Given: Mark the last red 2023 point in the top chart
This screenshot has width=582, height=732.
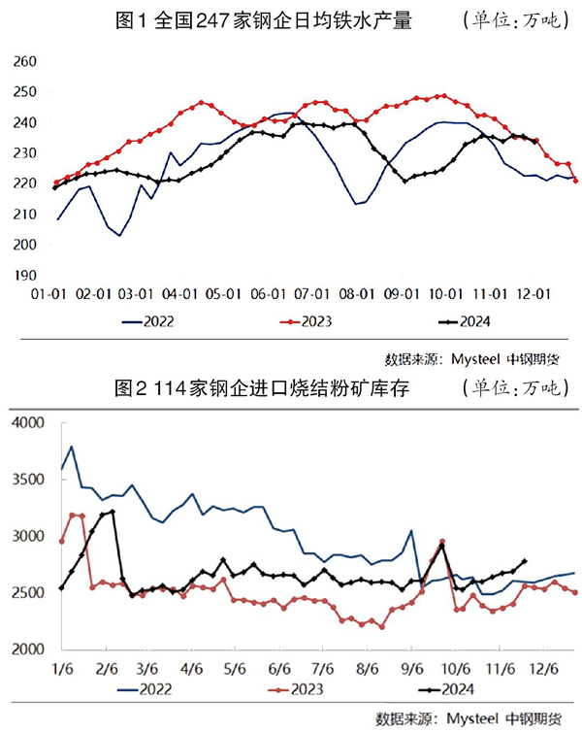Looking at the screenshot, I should tap(575, 180).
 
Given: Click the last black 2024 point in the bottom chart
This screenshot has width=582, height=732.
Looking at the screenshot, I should tap(525, 561).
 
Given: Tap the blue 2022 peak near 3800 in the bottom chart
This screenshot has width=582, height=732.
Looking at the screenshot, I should tap(72, 448).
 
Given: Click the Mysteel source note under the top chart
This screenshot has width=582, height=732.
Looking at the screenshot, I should tap(471, 357).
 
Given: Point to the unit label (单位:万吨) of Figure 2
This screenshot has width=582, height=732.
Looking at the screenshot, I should tap(513, 389).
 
